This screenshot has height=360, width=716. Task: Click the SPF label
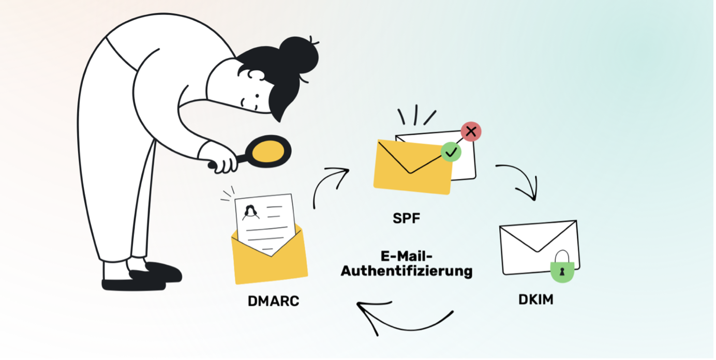click(x=407, y=218)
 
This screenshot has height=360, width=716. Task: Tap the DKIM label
click(x=535, y=299)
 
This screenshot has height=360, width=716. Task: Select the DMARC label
click(x=273, y=301)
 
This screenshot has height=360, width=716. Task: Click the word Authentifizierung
click(x=406, y=271)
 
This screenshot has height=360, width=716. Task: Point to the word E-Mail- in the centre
click(x=406, y=256)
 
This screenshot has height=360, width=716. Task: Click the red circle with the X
click(x=470, y=132)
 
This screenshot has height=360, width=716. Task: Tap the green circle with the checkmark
click(x=451, y=152)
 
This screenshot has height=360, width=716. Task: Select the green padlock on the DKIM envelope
click(x=562, y=270)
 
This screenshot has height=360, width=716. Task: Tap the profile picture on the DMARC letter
click(x=251, y=212)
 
